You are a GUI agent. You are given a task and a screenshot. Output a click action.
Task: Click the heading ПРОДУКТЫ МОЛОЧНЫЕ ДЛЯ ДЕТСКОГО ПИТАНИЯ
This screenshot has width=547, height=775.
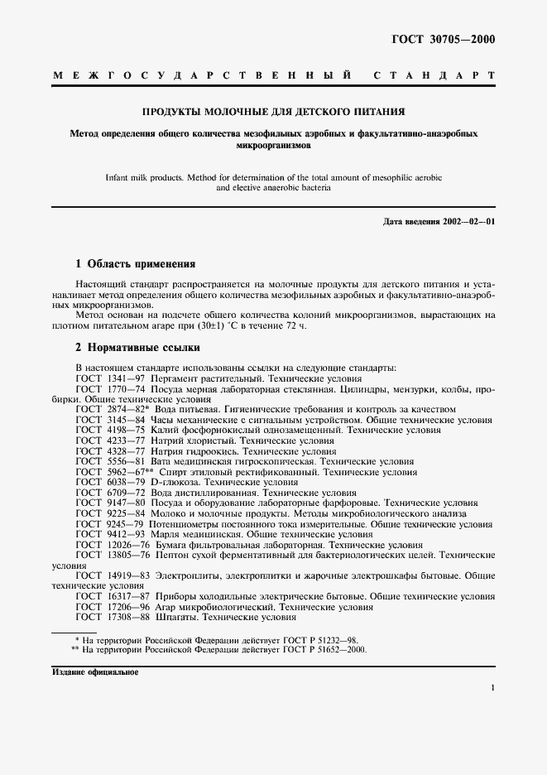[x=273, y=111]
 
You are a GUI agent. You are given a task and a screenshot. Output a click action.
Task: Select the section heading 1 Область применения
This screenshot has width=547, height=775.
[x=135, y=264]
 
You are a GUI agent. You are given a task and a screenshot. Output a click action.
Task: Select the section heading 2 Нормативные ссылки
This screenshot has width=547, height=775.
[x=137, y=349]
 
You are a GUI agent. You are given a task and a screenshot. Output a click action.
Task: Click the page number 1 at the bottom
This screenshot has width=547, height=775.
[x=492, y=688]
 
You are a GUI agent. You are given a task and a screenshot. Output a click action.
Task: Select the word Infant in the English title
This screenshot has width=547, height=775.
[x=119, y=176]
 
